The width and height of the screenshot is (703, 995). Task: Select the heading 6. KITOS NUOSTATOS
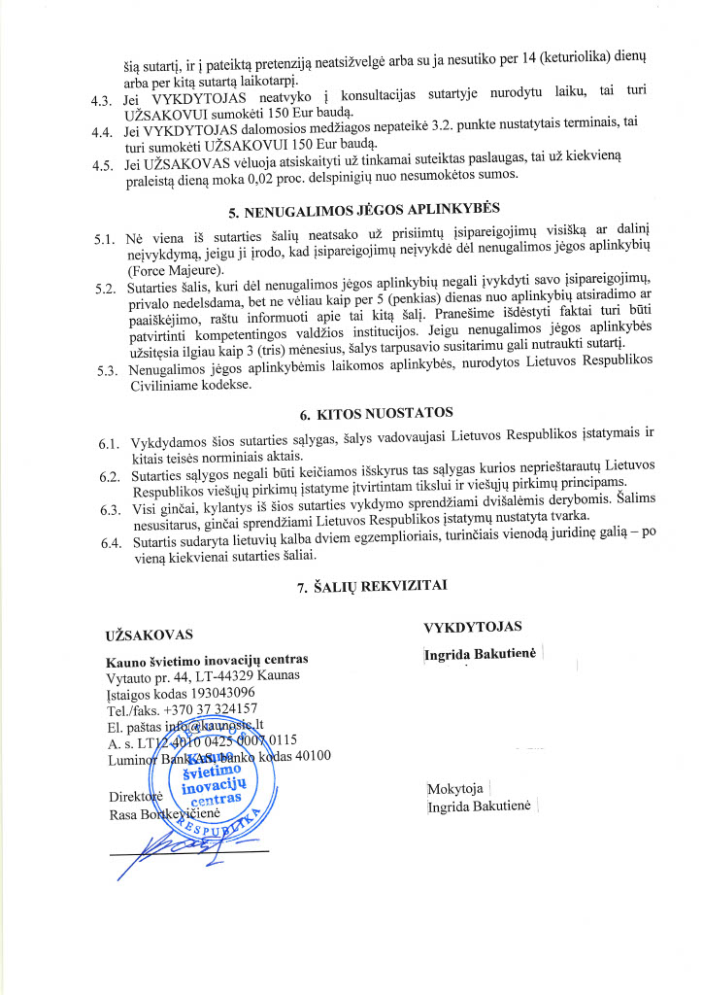pyautogui.click(x=351, y=413)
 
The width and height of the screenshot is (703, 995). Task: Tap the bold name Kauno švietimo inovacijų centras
pyautogui.click(x=207, y=660)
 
